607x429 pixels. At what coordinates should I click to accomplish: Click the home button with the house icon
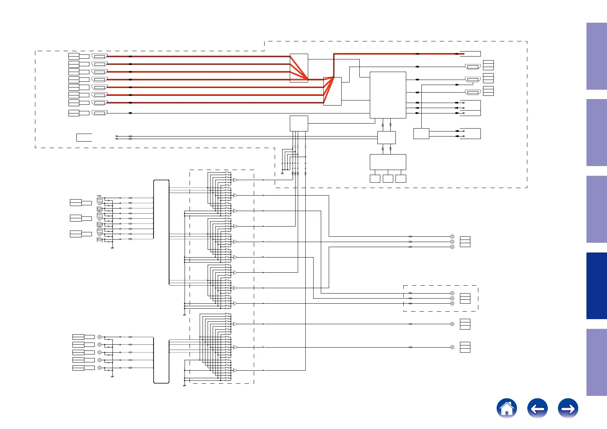pos(506,408)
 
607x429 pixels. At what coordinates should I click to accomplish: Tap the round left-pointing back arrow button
pos(537,408)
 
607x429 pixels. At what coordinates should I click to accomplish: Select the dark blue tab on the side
pos(596,286)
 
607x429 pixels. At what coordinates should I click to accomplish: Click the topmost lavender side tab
pos(596,56)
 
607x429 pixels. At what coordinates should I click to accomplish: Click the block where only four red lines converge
pos(299,68)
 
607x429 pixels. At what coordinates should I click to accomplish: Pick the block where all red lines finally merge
pos(332,91)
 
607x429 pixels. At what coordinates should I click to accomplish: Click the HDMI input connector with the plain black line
pos(99,113)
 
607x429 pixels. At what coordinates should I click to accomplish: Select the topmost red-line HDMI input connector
pos(99,56)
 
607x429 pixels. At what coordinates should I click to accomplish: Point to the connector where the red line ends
pos(470,54)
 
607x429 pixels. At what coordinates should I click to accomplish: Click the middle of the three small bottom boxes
pos(388,178)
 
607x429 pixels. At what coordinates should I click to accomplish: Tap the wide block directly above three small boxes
pos(388,162)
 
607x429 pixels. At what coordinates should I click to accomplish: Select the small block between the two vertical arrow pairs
pos(386,137)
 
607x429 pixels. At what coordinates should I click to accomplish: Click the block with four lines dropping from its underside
pos(299,124)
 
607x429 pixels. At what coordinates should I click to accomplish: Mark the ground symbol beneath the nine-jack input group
pos(112,248)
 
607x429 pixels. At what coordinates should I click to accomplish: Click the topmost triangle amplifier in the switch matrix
pos(235,180)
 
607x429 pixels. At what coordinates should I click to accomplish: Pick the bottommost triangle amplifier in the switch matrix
pos(235,370)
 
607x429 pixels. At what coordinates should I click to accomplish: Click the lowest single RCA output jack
pos(452,347)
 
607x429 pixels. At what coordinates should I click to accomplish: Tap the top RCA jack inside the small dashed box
pos(452,293)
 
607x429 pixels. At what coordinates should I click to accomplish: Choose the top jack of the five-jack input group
pos(99,337)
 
